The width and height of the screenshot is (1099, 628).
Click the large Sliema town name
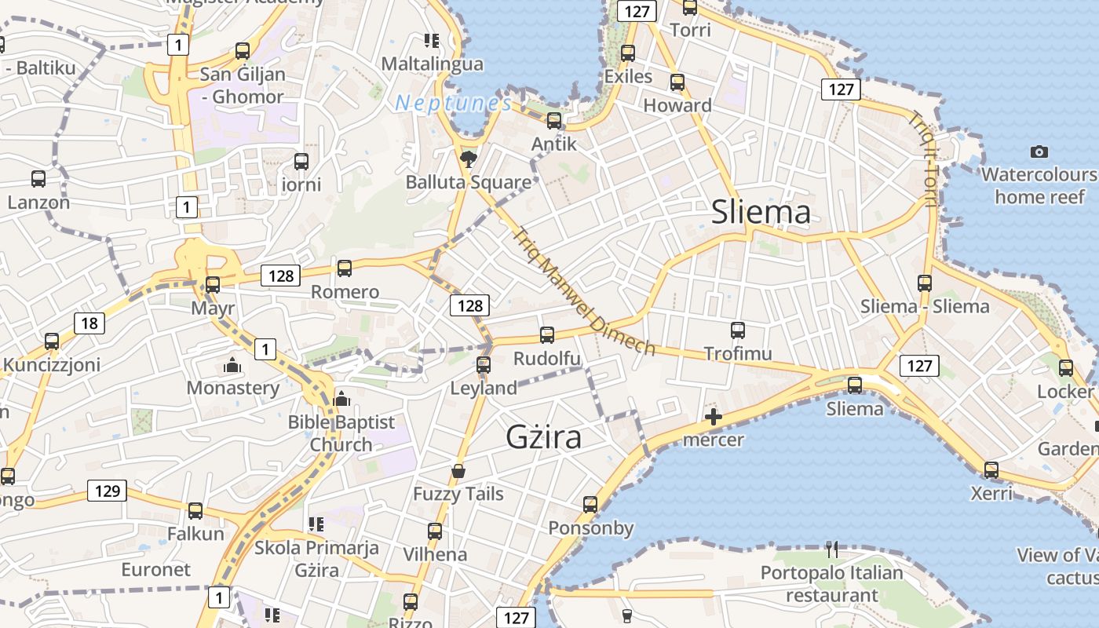pyautogui.click(x=761, y=213)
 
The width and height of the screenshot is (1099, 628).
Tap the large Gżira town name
pyautogui.click(x=544, y=437)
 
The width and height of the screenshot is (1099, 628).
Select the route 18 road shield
pyautogui.click(x=89, y=323)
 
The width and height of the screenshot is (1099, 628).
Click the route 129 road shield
pyautogui.click(x=107, y=491)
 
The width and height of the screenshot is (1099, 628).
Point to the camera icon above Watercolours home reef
pyautogui.click(x=1039, y=152)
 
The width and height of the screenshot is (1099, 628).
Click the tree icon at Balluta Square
pyautogui.click(x=468, y=159)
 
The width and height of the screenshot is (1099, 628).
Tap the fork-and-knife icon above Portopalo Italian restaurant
pyautogui.click(x=832, y=549)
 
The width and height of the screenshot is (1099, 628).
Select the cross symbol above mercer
pyautogui.click(x=713, y=417)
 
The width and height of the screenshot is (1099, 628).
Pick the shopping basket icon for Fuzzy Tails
pyautogui.click(x=458, y=471)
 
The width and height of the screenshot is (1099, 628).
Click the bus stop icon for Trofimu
pyautogui.click(x=737, y=330)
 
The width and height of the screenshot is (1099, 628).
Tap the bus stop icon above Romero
pyautogui.click(x=344, y=268)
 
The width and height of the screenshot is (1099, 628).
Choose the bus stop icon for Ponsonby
pyautogui.click(x=590, y=505)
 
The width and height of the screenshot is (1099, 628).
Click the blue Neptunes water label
pyautogui.click(x=453, y=103)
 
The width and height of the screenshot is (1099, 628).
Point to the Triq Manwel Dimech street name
pyautogui.click(x=584, y=291)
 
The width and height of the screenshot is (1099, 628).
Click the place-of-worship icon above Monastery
pyautogui.click(x=231, y=365)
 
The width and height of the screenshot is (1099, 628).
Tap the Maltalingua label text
pyautogui.click(x=432, y=64)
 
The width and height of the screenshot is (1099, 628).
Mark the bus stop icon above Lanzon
pyautogui.click(x=38, y=179)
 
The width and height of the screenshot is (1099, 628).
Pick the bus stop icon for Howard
pyautogui.click(x=677, y=82)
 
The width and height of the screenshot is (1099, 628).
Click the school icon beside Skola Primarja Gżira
pyautogui.click(x=316, y=524)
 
